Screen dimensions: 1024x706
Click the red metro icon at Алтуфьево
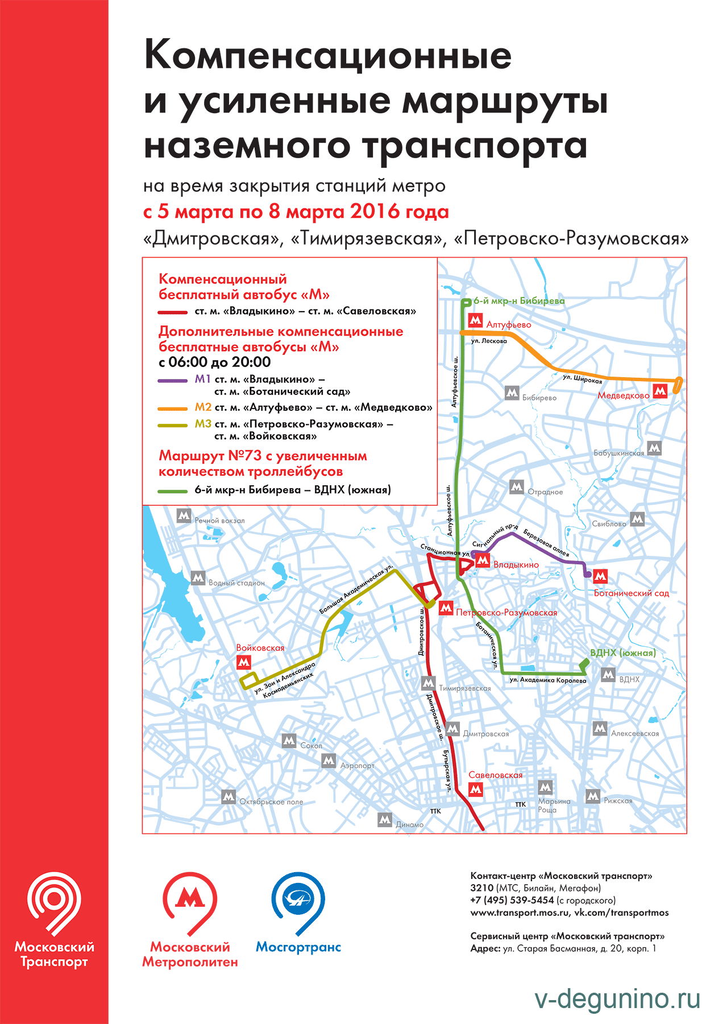(x=475, y=320)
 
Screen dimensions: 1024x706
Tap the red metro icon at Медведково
(x=660, y=391)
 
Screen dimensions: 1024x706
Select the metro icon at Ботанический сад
(x=600, y=577)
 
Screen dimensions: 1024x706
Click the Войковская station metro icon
(x=244, y=662)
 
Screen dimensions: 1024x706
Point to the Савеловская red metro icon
(x=476, y=789)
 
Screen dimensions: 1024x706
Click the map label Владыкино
(x=516, y=565)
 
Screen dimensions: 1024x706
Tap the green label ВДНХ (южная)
(x=623, y=653)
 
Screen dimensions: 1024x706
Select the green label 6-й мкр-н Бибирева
(x=519, y=300)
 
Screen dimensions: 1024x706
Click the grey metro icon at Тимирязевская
(x=428, y=683)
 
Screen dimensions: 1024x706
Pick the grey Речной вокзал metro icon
(x=184, y=515)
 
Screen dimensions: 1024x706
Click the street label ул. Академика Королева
(x=547, y=680)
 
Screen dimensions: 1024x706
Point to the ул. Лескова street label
(x=489, y=341)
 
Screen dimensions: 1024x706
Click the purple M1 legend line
(x=173, y=380)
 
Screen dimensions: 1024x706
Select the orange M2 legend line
(x=173, y=408)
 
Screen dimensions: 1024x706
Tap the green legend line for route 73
(x=173, y=490)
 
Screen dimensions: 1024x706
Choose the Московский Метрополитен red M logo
(x=190, y=899)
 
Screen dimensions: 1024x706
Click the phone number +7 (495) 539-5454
(x=512, y=900)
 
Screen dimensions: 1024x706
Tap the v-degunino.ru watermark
(x=618, y=1001)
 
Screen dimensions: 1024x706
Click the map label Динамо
(x=410, y=824)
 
